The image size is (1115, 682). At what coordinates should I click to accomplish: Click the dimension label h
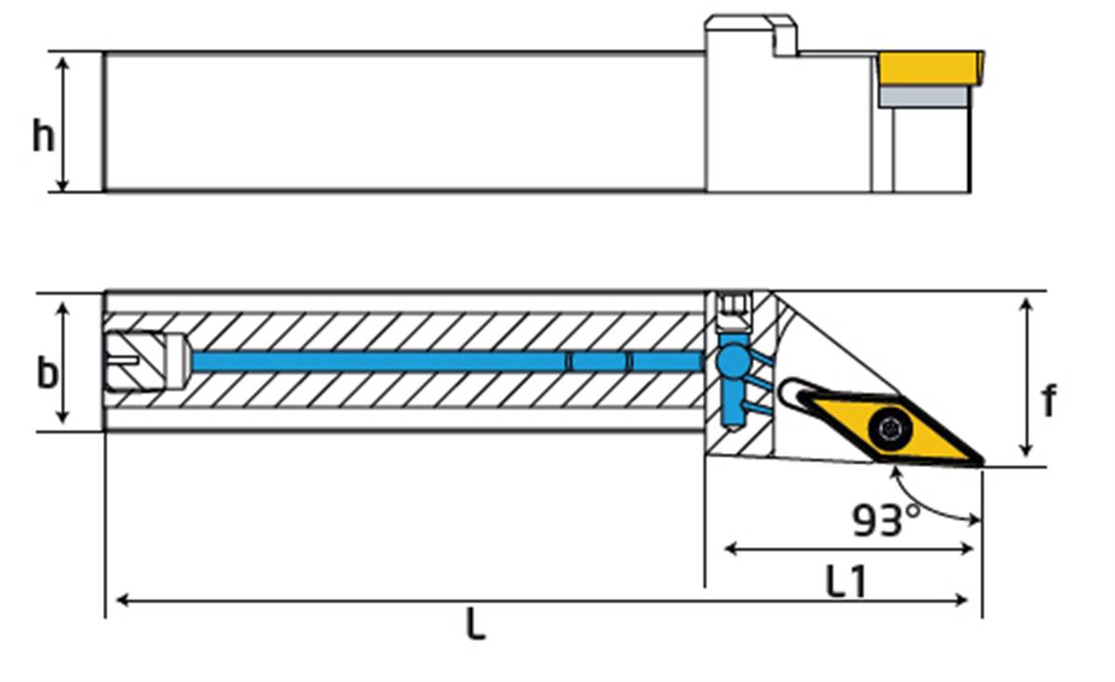tap(44, 135)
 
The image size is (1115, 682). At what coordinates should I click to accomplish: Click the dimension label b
tap(47, 372)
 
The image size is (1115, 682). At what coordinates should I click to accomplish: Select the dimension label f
tap(1049, 400)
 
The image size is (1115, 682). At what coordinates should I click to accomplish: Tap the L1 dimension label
tap(846, 581)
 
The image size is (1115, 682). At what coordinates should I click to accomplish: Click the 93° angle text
tap(886, 520)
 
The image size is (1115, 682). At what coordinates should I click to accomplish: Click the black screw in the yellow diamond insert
tap(890, 429)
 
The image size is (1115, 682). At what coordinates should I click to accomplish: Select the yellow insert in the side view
tap(931, 68)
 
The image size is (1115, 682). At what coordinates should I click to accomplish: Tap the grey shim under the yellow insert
tap(923, 97)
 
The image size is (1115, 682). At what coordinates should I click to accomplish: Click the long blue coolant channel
tap(448, 362)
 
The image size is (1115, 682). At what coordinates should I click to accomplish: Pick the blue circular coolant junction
tap(733, 361)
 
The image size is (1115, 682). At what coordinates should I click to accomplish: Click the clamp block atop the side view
tap(751, 35)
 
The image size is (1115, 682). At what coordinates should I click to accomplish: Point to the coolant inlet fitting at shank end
tap(147, 361)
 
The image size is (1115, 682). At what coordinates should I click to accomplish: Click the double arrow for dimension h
tap(62, 125)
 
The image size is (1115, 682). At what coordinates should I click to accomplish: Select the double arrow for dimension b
tap(62, 363)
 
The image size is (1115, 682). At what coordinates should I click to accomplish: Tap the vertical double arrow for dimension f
tap(1026, 378)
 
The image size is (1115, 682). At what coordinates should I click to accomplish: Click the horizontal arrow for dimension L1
tap(848, 548)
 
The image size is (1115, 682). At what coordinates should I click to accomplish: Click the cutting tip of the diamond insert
tap(982, 463)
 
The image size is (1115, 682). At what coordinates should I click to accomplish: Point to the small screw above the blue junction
tap(733, 312)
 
